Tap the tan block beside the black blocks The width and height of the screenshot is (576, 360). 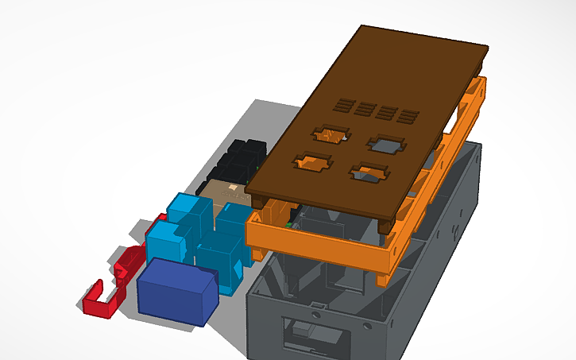coord(226,192)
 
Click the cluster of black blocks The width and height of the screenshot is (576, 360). coord(241,159)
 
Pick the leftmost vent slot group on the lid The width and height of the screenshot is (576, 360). coord(342,104)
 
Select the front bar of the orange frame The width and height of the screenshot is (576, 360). coord(318,242)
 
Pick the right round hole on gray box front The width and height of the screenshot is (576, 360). coord(367,327)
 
